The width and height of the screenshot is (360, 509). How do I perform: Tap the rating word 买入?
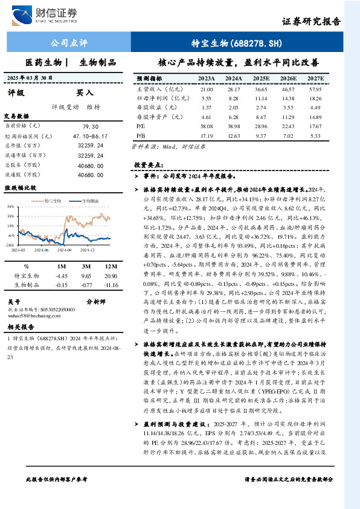tap(85, 93)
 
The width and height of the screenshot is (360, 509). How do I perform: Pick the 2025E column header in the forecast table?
tap(262, 79)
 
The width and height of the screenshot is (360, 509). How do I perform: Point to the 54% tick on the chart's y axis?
tap(11, 206)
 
